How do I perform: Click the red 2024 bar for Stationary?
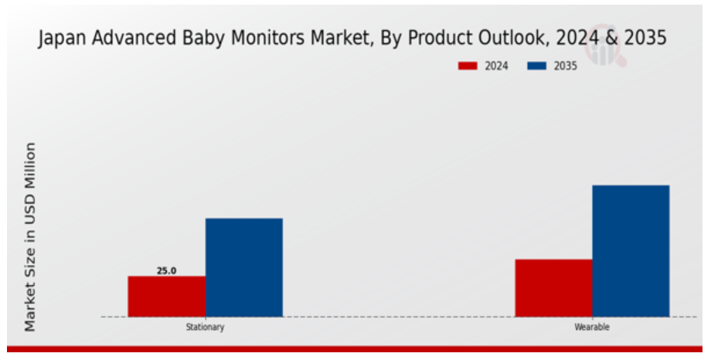click(166, 296)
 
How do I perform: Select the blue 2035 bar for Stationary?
click(244, 267)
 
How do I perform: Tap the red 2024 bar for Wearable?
click(553, 288)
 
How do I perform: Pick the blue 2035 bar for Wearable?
click(631, 251)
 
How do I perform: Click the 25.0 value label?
click(166, 270)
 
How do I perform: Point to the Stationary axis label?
click(205, 327)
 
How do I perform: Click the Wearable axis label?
click(592, 327)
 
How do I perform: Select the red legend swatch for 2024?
click(468, 66)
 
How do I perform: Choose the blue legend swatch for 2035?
click(536, 66)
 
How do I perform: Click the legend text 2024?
click(496, 66)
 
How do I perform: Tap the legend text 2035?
click(566, 66)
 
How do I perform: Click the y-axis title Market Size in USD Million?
click(30, 236)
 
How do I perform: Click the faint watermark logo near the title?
click(605, 46)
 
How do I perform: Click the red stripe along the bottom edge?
click(355, 348)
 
